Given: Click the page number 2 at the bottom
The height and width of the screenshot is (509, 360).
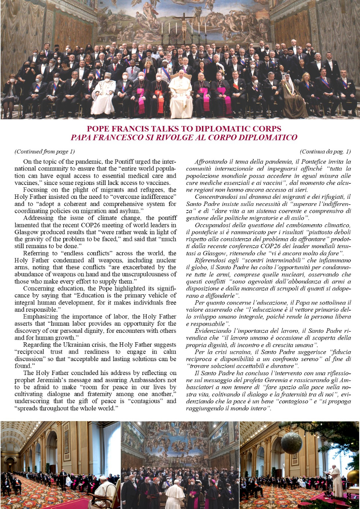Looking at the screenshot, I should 4,502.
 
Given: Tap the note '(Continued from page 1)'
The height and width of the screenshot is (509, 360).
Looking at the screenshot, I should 45,152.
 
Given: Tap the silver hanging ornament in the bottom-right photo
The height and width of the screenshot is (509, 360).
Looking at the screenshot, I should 292,442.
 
